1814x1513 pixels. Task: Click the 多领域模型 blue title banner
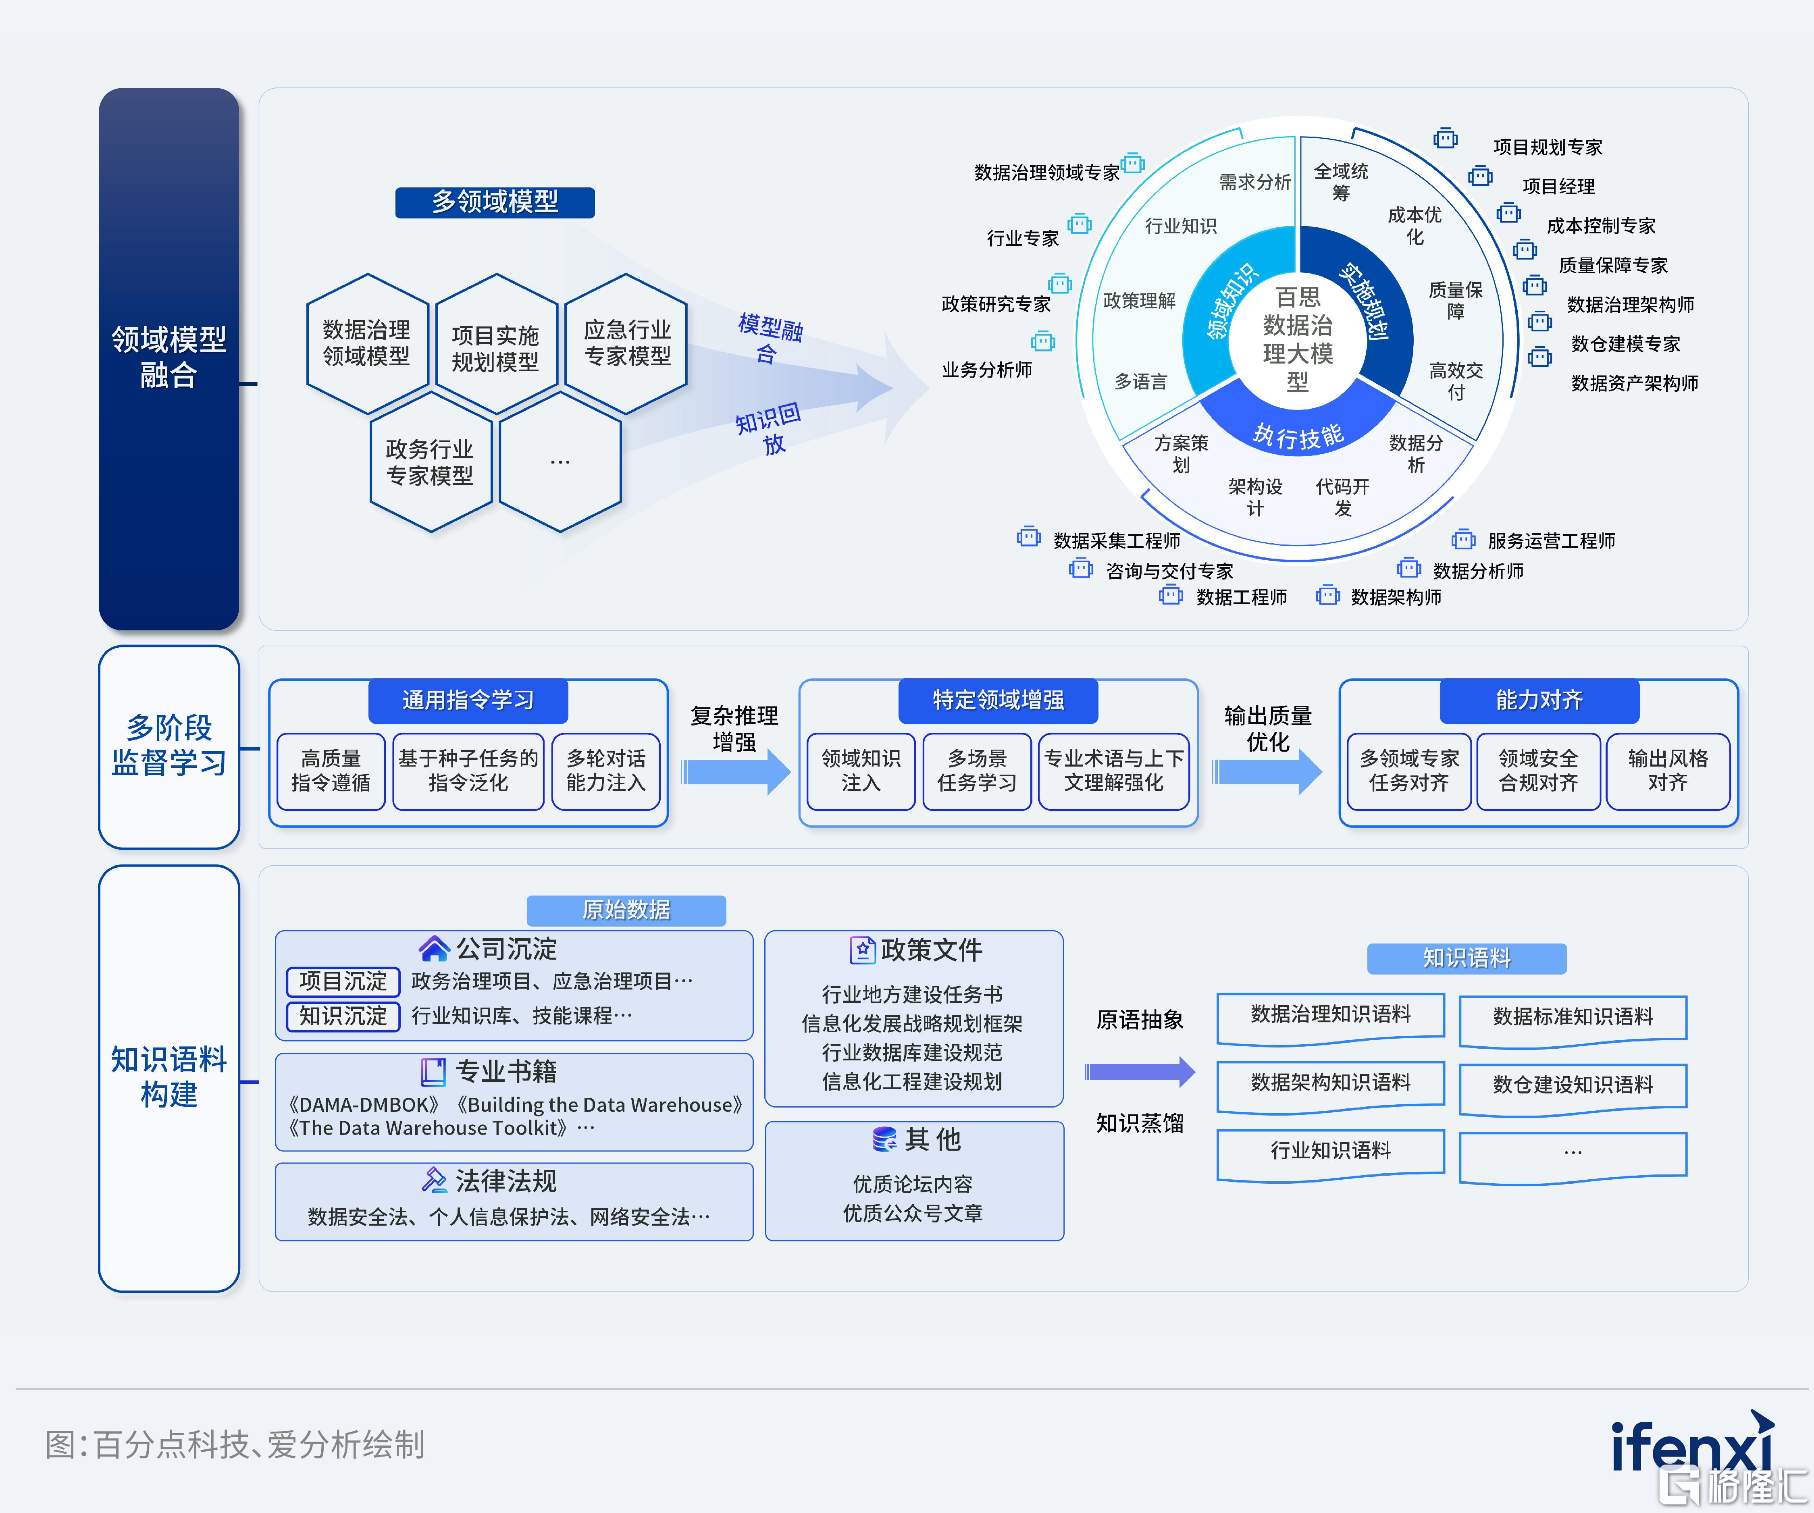coord(495,202)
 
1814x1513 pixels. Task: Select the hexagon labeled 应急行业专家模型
coord(626,344)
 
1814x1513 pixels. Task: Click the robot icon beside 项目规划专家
coord(1445,139)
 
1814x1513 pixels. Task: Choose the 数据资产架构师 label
coord(1634,382)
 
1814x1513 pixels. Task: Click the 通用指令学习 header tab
coord(468,700)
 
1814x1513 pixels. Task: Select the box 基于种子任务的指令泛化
coord(468,771)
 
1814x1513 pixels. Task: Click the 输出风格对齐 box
coord(1667,771)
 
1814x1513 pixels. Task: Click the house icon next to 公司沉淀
coord(434,948)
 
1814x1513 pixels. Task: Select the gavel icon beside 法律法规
coord(434,1180)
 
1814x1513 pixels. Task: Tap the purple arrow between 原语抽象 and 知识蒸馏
coord(1140,1072)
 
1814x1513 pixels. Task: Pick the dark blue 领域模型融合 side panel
coord(169,358)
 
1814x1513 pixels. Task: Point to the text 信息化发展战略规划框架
coord(912,1023)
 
